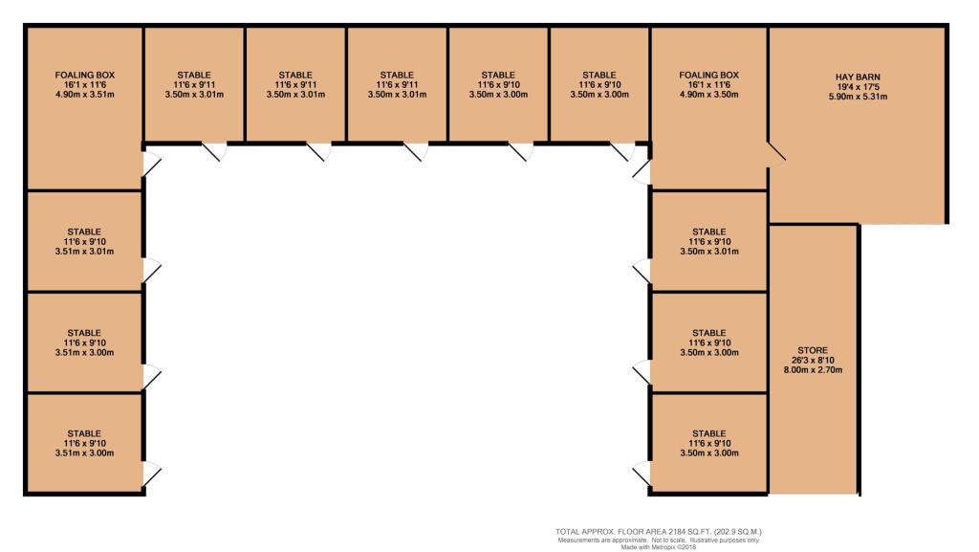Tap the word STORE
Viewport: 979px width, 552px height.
812,350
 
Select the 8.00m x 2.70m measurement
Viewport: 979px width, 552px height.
812,370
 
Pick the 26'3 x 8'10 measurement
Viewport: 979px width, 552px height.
812,361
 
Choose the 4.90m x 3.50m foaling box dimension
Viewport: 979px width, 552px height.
708,94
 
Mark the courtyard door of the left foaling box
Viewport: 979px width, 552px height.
151,165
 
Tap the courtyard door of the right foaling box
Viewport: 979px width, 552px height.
642,170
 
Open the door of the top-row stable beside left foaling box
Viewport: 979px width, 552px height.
213,151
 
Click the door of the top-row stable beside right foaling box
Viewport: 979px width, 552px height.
621,151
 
